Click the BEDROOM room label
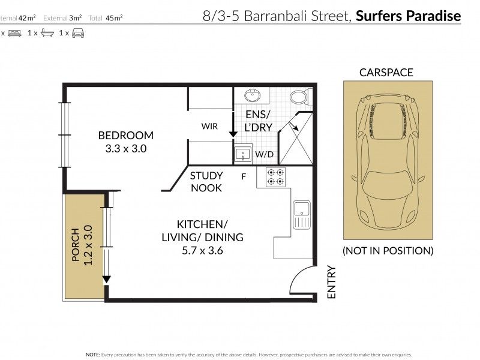[126, 136]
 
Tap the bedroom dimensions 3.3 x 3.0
[126, 149]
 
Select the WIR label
[209, 126]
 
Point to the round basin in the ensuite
[253, 95]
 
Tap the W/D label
[264, 154]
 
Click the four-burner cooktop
[275, 177]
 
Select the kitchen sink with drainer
[302, 215]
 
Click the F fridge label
[244, 176]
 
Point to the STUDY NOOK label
[206, 182]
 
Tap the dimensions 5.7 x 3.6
[202, 251]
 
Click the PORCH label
[76, 245]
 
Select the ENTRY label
[332, 282]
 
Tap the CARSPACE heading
[386, 73]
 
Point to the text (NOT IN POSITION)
[388, 251]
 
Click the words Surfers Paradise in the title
[409, 16]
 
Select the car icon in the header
[78, 33]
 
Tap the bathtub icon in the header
[47, 33]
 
